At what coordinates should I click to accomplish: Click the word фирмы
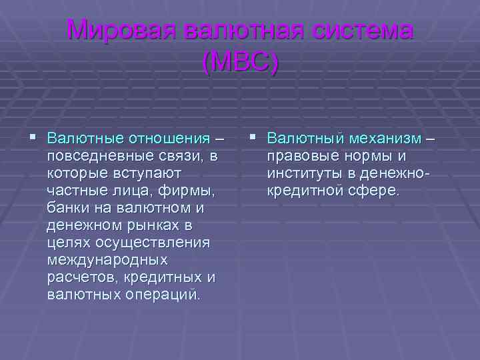point(189,191)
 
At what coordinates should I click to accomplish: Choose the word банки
point(69,208)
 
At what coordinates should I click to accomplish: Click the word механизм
point(387,139)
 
